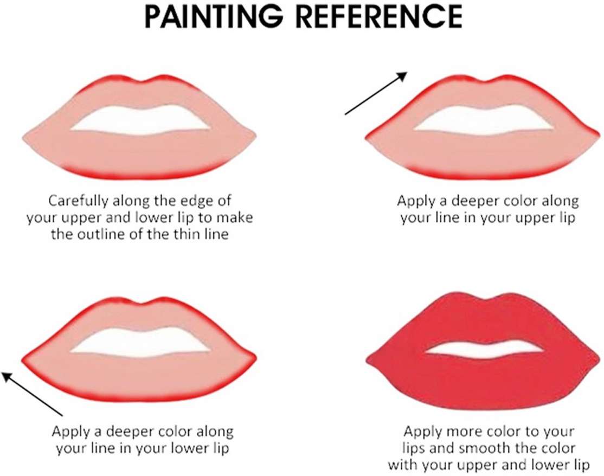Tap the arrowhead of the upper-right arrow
tap(402, 75)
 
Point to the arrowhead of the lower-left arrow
tap(7, 376)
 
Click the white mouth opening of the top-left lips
tap(140, 119)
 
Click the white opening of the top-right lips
tap(484, 119)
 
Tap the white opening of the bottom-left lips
tap(140, 342)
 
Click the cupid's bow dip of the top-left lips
tap(140, 82)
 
